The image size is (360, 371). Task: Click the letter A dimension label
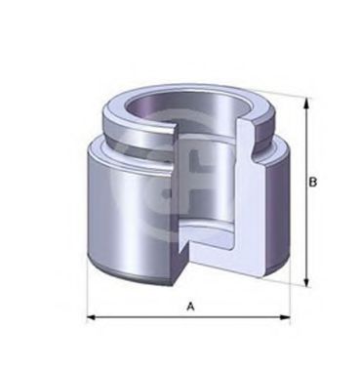click(x=191, y=306)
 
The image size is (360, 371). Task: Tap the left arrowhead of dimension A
click(x=91, y=318)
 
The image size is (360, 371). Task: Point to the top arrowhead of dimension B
click(x=308, y=101)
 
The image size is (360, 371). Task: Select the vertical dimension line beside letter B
click(x=308, y=225)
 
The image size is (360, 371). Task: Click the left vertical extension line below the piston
click(x=87, y=293)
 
